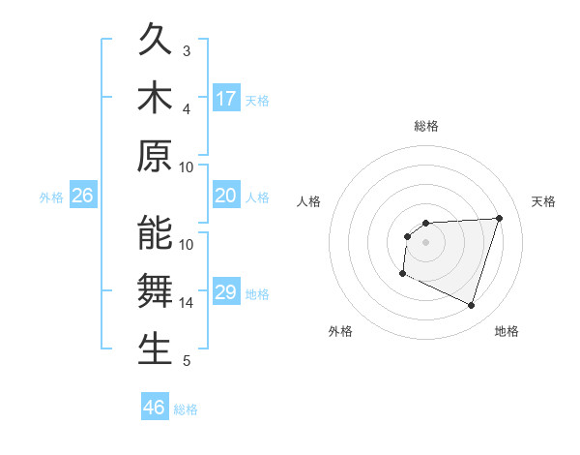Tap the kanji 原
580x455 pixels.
(156, 157)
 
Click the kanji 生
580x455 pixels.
(156, 349)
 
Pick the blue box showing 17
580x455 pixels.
(226, 99)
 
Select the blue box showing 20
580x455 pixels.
(226, 197)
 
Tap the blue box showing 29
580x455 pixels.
(226, 293)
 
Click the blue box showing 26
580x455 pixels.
(83, 197)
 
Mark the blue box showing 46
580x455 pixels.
(155, 408)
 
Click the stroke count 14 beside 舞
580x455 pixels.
(187, 303)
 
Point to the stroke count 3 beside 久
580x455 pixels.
(187, 50)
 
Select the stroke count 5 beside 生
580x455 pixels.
(187, 361)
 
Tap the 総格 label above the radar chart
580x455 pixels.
(425, 126)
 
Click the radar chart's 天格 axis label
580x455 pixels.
(544, 201)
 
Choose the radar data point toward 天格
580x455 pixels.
(499, 218)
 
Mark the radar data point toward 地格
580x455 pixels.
(471, 306)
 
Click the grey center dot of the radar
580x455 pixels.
(425, 242)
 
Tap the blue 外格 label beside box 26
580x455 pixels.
(51, 197)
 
